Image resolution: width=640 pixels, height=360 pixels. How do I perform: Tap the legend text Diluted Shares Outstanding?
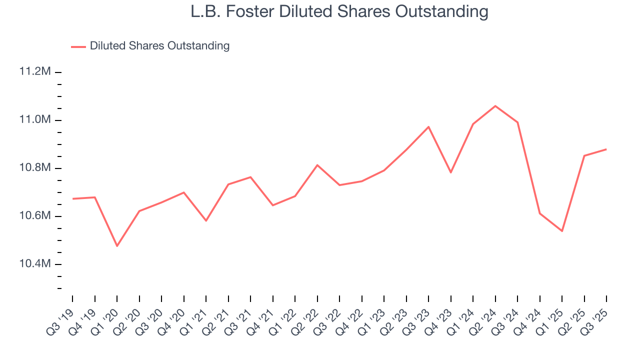click(159, 46)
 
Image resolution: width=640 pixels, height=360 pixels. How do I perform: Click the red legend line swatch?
click(78, 46)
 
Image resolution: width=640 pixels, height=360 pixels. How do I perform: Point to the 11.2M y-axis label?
click(35, 71)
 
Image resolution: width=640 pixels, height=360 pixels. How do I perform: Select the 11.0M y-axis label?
click(35, 119)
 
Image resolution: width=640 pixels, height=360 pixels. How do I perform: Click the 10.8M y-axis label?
click(35, 167)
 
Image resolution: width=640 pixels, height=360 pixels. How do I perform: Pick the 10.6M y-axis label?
click(35, 215)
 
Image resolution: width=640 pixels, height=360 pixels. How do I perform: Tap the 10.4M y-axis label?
click(35, 263)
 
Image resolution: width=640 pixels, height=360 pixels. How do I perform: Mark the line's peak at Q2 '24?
click(495, 105)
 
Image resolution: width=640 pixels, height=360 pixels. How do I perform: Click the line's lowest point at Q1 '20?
click(117, 246)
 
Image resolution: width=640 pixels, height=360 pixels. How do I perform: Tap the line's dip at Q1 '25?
click(562, 231)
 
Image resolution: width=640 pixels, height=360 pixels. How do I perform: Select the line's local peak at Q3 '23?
click(428, 126)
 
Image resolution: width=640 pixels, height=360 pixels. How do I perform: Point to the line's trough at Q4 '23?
click(451, 172)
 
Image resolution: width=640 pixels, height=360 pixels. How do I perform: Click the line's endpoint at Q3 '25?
click(606, 149)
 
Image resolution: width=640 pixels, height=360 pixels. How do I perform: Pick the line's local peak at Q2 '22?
click(317, 165)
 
